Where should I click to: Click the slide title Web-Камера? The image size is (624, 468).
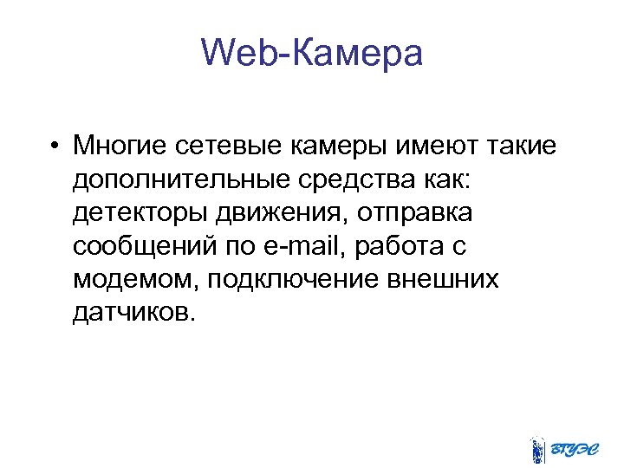[312, 54]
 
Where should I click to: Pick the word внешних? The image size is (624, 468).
[440, 280]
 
